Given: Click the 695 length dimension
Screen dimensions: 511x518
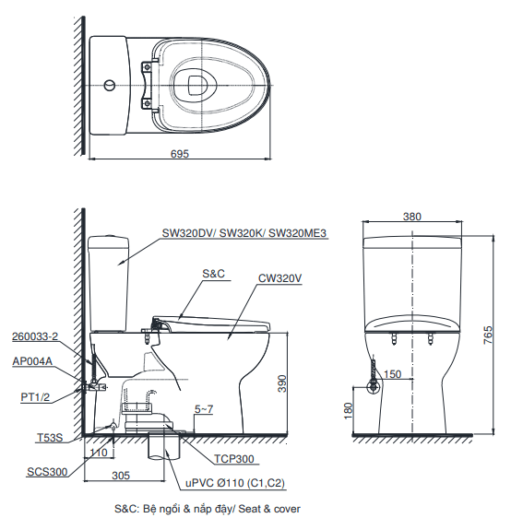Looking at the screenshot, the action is coord(180,154).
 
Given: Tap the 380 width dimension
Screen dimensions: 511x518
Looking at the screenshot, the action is coord(411,217).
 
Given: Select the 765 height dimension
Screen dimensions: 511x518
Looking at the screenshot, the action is coord(488,335).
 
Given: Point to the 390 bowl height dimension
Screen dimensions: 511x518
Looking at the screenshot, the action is coord(282,383).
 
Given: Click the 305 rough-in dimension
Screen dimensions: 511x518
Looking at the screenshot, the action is coord(121,476).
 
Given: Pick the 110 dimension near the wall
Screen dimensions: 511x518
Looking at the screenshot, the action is coord(99,453).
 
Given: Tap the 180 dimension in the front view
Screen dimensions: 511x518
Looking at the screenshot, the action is coord(349,411).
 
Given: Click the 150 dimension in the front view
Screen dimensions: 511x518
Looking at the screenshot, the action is coord(392,374).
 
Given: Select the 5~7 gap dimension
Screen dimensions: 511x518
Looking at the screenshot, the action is coord(204,409).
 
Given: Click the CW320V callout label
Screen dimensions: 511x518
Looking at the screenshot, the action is coord(279,278).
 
